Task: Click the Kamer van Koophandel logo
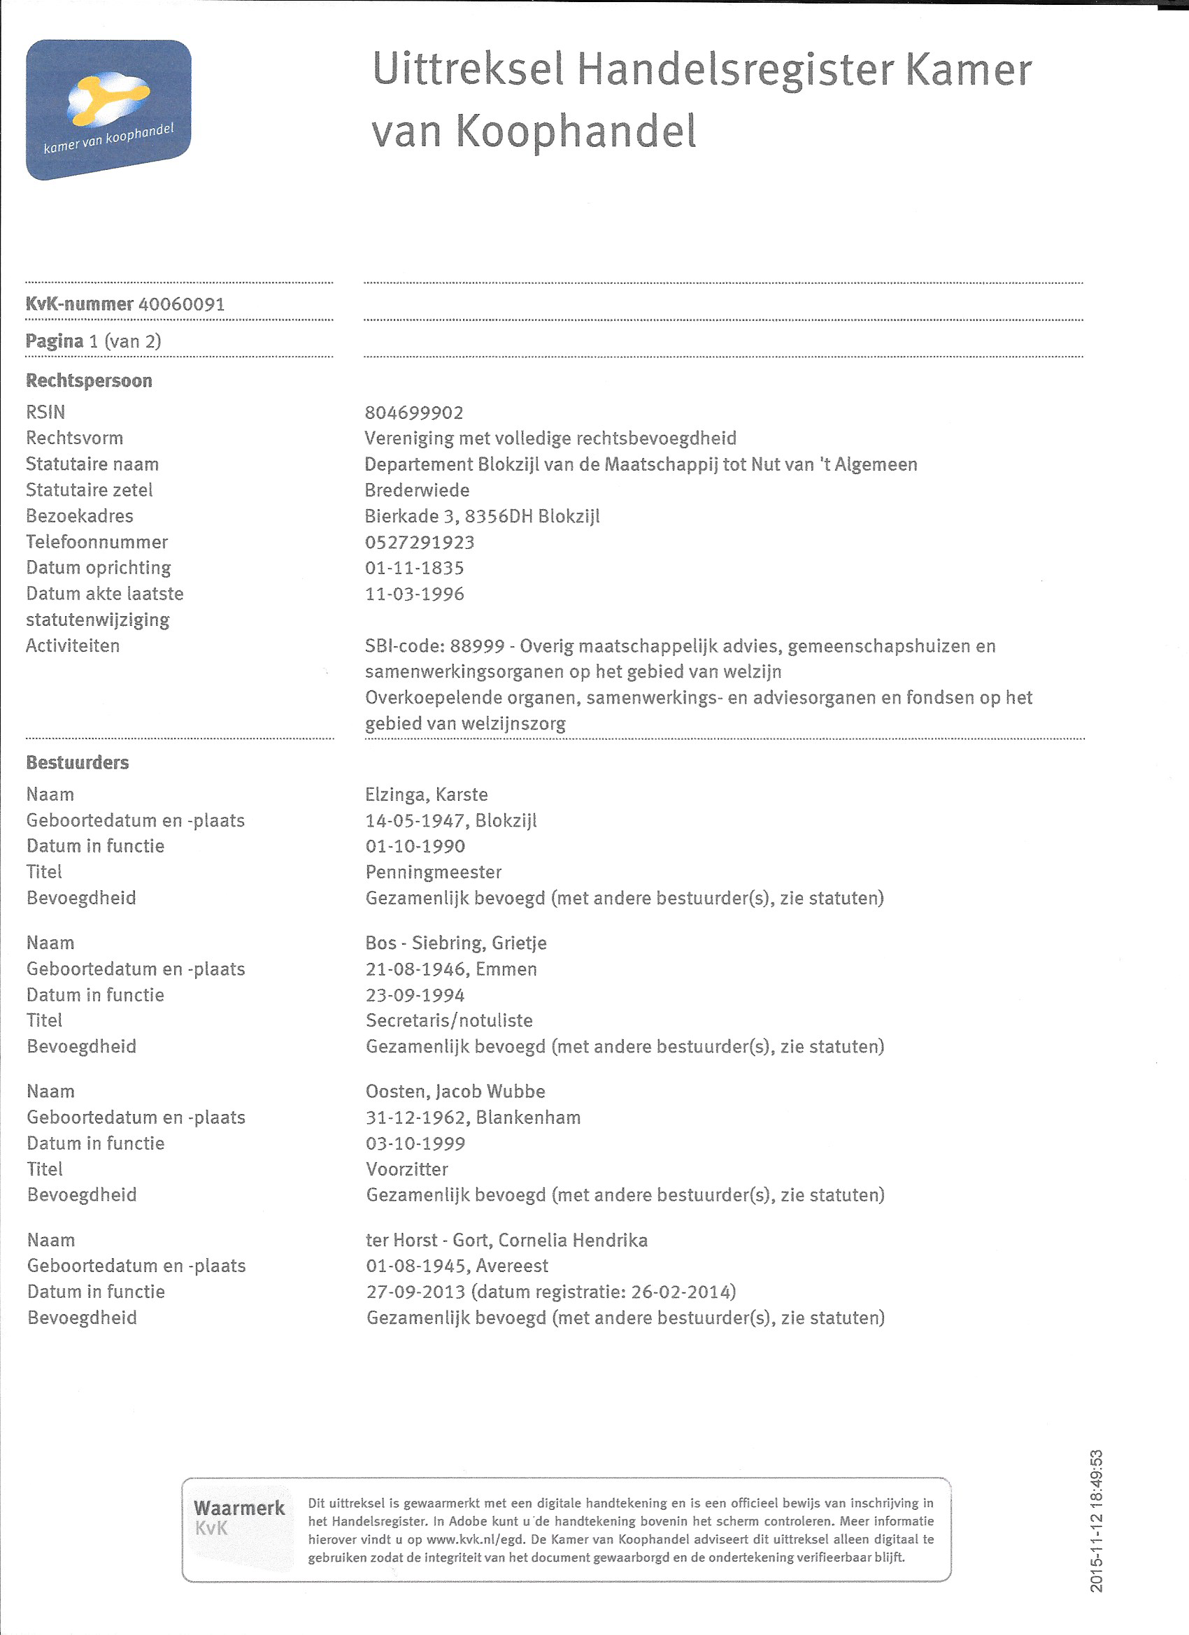click(x=108, y=110)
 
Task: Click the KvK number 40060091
click(x=181, y=304)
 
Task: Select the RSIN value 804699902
click(x=414, y=413)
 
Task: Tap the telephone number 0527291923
click(x=420, y=542)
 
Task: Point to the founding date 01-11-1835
click(x=415, y=568)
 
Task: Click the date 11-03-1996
click(x=415, y=594)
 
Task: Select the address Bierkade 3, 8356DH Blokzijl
click(x=482, y=516)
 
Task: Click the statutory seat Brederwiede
click(x=417, y=490)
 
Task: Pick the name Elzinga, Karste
click(x=426, y=794)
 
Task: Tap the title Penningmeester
click(x=434, y=872)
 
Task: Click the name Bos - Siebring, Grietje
click(x=456, y=943)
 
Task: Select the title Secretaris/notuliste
click(x=449, y=1021)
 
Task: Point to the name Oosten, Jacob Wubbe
click(x=455, y=1092)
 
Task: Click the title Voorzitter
click(x=406, y=1169)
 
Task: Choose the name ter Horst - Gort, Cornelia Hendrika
click(x=506, y=1240)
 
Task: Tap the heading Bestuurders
click(x=77, y=763)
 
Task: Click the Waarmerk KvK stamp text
click(x=238, y=1517)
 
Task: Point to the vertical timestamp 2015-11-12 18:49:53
click(x=1097, y=1521)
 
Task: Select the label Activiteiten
click(x=73, y=646)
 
